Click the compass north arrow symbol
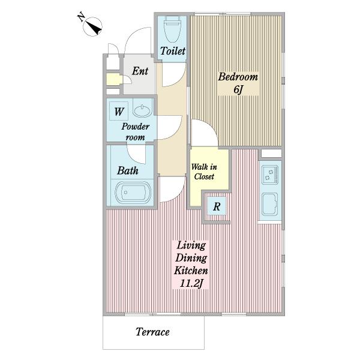92,26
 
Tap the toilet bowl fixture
173,29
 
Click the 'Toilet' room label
173,51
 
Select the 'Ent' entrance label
140,71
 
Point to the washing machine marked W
119,111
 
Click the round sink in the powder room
143,110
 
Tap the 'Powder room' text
136,132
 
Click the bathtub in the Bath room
133,193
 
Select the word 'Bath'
128,170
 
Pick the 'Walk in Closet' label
204,172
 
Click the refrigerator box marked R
217,206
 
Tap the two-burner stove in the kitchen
270,175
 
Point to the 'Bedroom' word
238,77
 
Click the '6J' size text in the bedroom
238,89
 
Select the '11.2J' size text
191,283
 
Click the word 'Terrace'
152,332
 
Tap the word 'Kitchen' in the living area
191,271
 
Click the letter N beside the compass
81,17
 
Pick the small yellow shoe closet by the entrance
113,80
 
